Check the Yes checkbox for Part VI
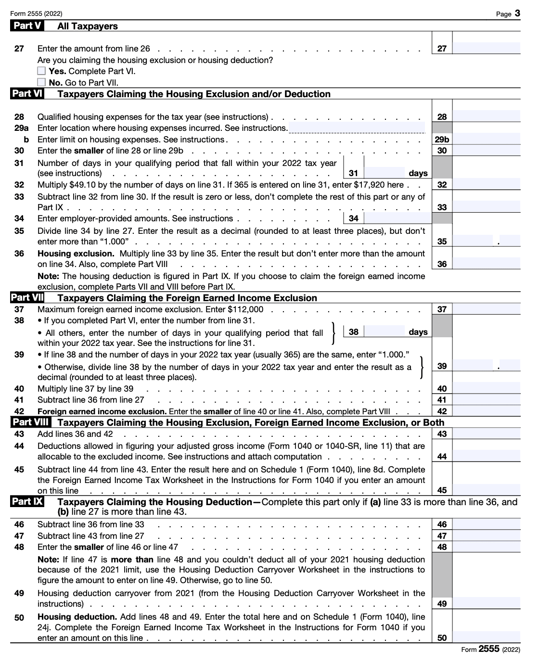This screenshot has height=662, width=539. (42, 71)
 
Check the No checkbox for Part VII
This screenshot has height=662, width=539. (42, 82)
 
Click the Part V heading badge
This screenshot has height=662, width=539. (27, 26)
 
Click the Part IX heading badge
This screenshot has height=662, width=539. (27, 502)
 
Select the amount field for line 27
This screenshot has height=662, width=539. (486, 48)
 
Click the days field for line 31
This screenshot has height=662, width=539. (385, 173)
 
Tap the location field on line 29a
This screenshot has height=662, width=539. (356, 128)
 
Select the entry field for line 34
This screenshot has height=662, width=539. (397, 218)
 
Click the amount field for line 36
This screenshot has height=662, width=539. (486, 264)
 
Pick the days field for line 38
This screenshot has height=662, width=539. (385, 331)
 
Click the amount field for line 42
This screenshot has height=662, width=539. (486, 411)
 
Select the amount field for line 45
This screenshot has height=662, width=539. (486, 490)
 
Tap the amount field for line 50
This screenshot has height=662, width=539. (486, 637)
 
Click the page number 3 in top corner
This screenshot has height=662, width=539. (517, 13)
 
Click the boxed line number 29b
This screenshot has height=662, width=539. (442, 140)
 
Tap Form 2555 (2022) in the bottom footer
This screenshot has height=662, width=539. (490, 649)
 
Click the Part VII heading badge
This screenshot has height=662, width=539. (27, 298)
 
